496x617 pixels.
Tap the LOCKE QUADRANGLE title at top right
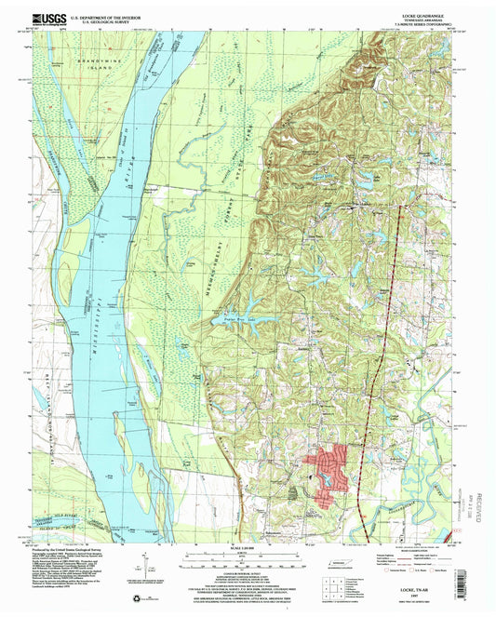[x=414, y=15]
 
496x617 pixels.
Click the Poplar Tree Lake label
[x=241, y=317]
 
